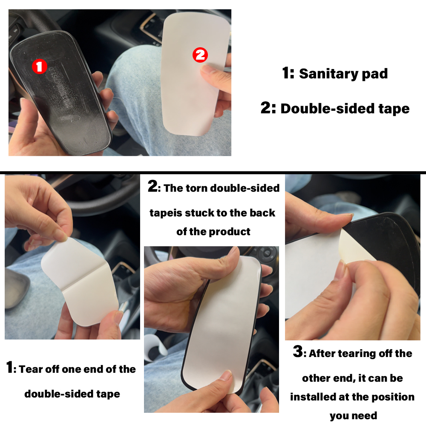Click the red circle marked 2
pyautogui.click(x=200, y=55)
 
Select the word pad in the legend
pyautogui.click(x=375, y=74)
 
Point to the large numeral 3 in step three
pyautogui.click(x=298, y=352)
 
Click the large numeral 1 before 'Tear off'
pyautogui.click(x=10, y=368)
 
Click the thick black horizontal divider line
pyautogui.click(x=213, y=173)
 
